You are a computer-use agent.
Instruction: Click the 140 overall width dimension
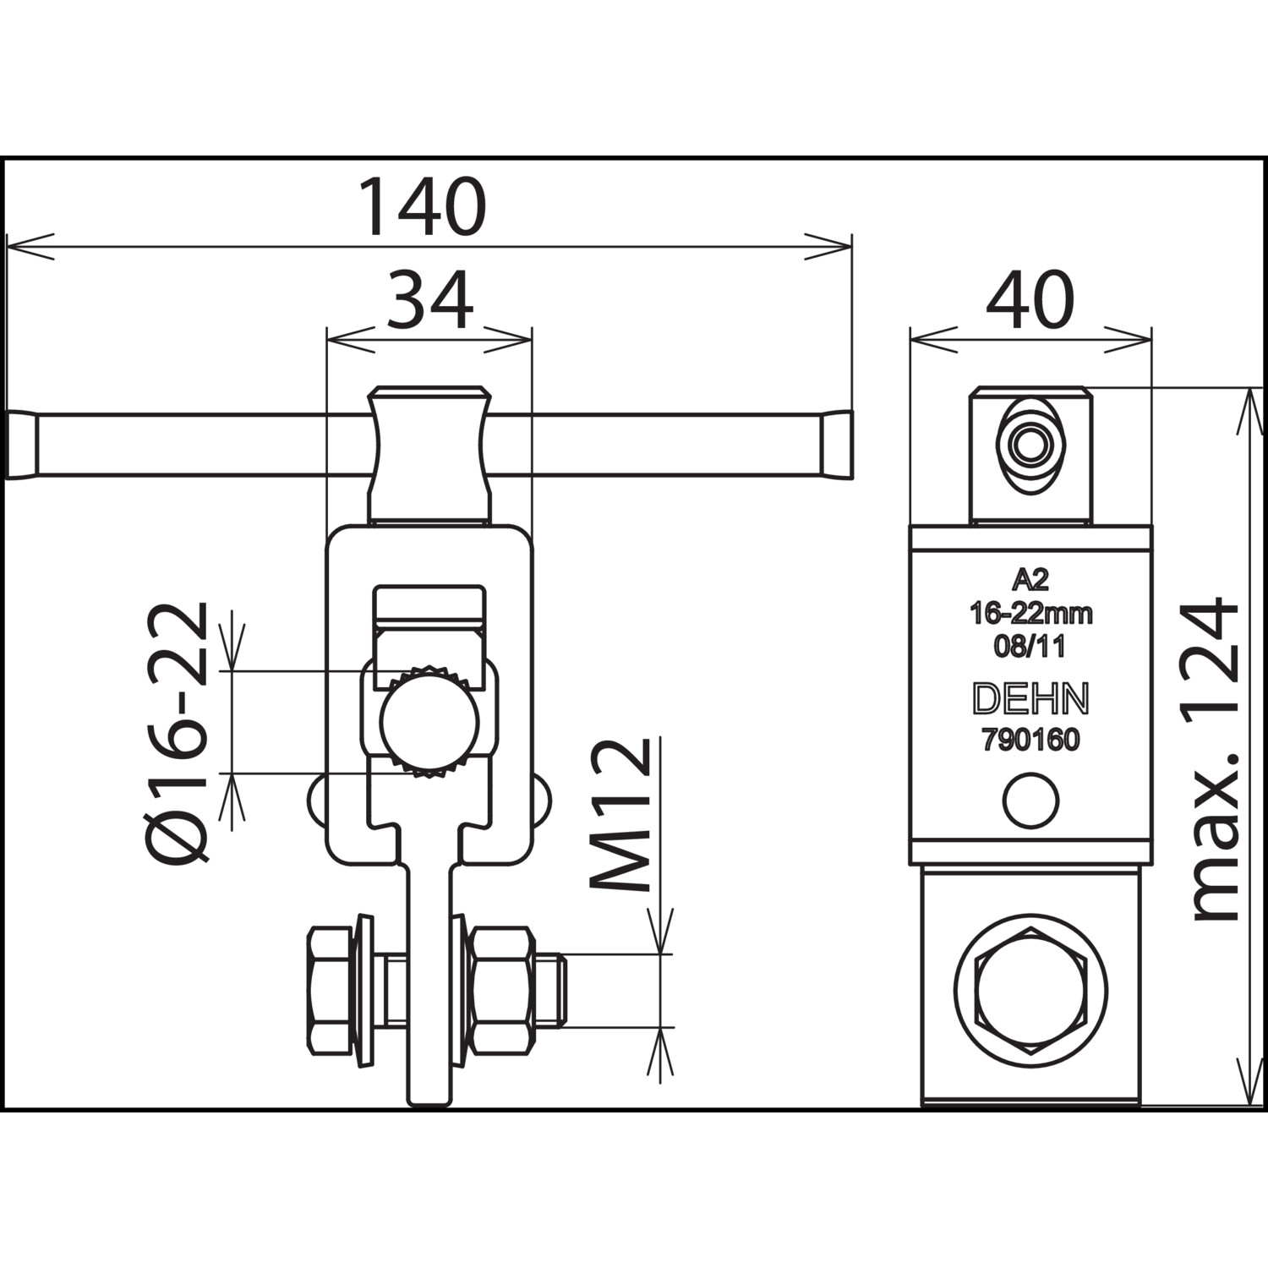[423, 206]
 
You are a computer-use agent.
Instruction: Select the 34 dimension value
[429, 301]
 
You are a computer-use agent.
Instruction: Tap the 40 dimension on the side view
[1030, 301]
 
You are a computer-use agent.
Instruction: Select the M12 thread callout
[620, 815]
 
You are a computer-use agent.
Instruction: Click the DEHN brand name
[1030, 699]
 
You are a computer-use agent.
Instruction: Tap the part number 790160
[1030, 741]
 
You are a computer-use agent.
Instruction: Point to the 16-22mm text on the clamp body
[1030, 613]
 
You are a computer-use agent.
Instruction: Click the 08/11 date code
[1030, 647]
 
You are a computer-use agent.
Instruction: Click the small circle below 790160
[1030, 800]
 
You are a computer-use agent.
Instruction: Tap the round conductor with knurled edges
[429, 720]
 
